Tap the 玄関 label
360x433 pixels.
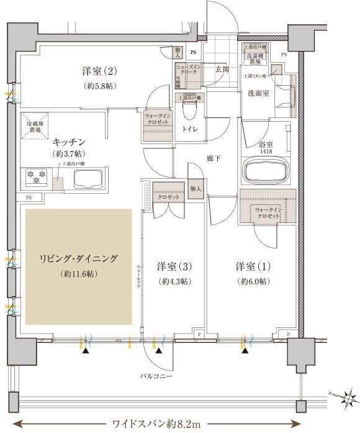click(222, 70)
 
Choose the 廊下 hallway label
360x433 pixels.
click(215, 159)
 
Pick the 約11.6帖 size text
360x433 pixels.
click(78, 274)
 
